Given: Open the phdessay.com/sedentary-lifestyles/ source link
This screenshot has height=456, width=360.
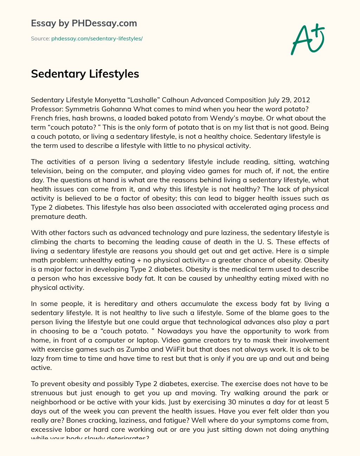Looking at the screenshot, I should (x=97, y=39).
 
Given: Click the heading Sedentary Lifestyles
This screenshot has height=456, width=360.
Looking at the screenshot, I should (x=85, y=74).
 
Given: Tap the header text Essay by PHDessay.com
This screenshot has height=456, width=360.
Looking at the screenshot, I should (x=84, y=23).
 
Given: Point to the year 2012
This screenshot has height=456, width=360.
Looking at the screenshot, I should (x=302, y=100).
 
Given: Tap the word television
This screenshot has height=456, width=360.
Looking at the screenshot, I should (x=47, y=171).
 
